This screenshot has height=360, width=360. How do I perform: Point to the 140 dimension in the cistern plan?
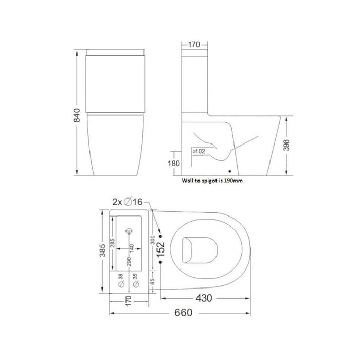pyautogui.click(x=134, y=248)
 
